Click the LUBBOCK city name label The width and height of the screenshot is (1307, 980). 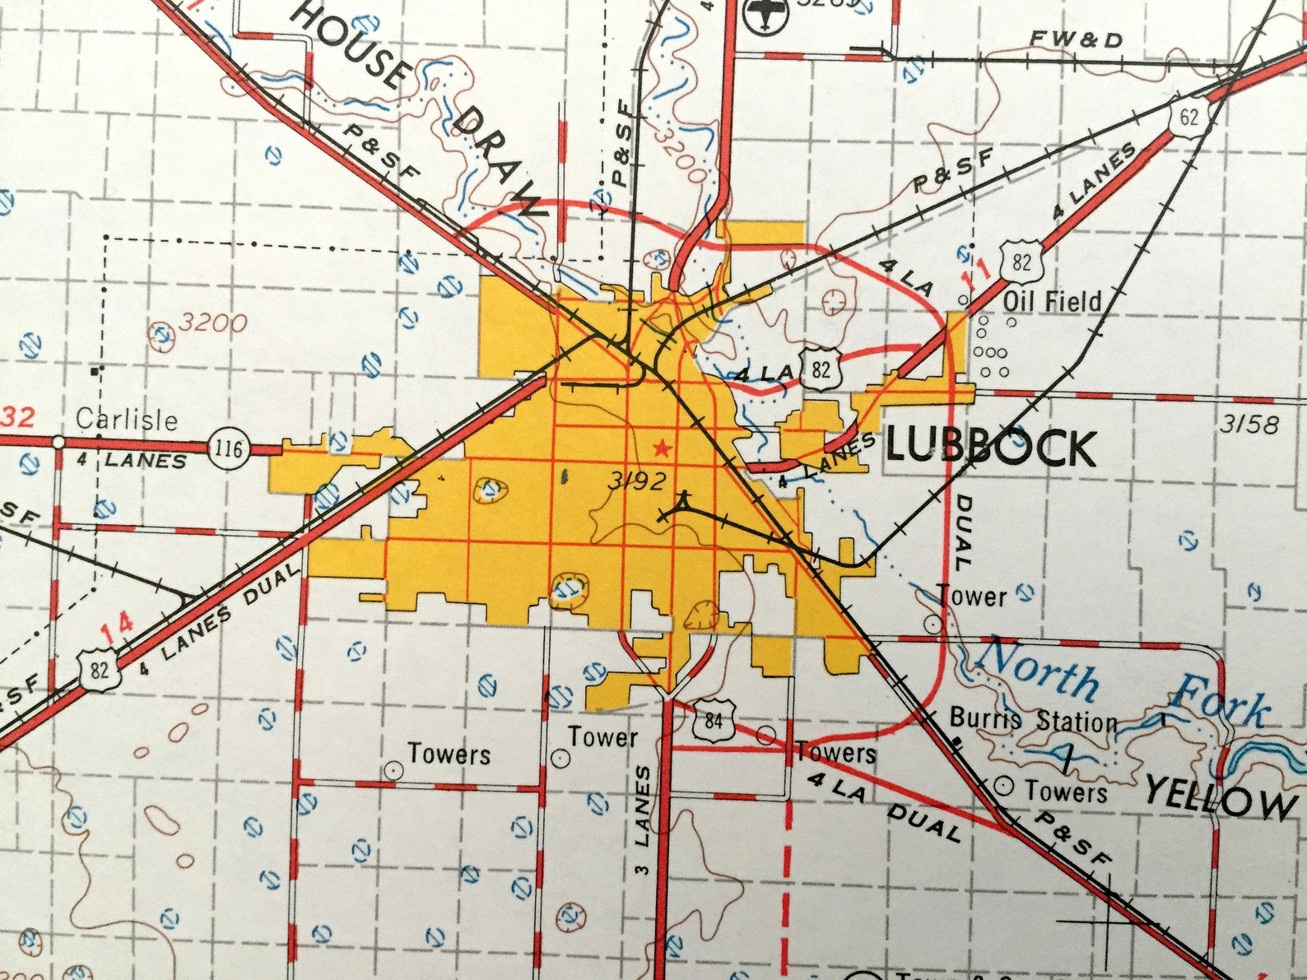991,448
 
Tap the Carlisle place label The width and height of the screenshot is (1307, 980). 127,420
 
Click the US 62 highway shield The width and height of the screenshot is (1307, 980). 1188,117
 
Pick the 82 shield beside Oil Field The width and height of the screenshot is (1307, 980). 1021,262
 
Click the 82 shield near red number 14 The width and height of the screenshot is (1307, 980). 99,668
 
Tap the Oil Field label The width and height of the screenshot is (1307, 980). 1052,301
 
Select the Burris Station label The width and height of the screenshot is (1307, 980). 1034,720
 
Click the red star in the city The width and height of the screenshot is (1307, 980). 660,448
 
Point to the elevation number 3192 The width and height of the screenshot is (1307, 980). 636,481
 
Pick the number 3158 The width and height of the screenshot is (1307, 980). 1249,424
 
